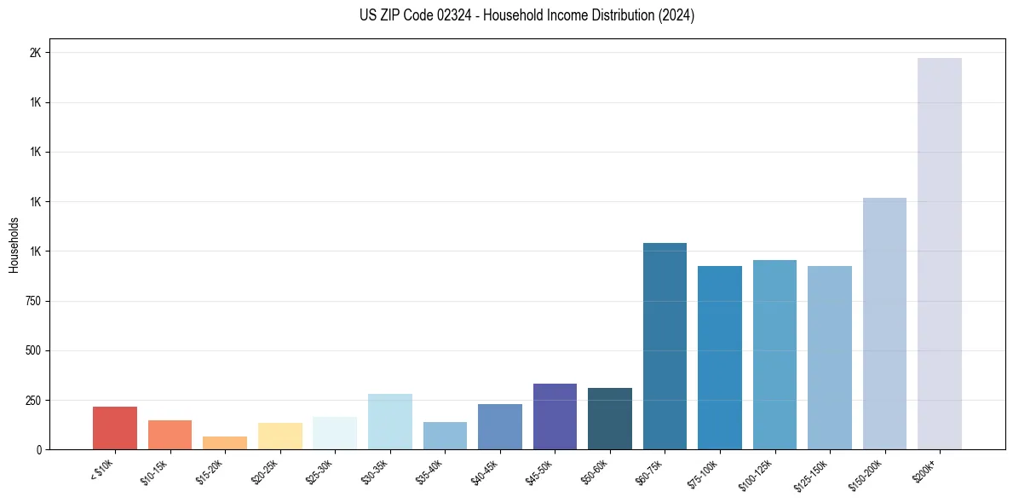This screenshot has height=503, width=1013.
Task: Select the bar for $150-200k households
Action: click(x=884, y=323)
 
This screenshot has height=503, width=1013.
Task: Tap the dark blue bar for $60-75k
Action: click(x=665, y=345)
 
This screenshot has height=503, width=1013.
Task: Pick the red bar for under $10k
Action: click(x=115, y=428)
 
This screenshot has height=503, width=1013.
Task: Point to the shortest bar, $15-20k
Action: click(x=225, y=442)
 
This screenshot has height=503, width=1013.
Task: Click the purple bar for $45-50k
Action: click(x=555, y=416)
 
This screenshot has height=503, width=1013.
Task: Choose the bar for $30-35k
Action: click(x=390, y=421)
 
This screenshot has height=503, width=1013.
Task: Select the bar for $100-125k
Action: click(x=774, y=354)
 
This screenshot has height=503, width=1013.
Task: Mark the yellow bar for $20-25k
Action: click(x=280, y=436)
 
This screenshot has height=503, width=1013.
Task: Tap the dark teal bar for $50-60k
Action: click(x=610, y=419)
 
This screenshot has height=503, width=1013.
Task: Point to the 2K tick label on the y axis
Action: click(x=35, y=53)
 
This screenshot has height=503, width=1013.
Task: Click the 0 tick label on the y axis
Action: click(x=38, y=449)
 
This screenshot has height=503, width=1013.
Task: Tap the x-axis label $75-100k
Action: click(x=703, y=473)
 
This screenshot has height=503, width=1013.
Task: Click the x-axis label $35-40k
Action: click(x=429, y=473)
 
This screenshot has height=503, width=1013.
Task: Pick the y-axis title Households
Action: click(x=14, y=245)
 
